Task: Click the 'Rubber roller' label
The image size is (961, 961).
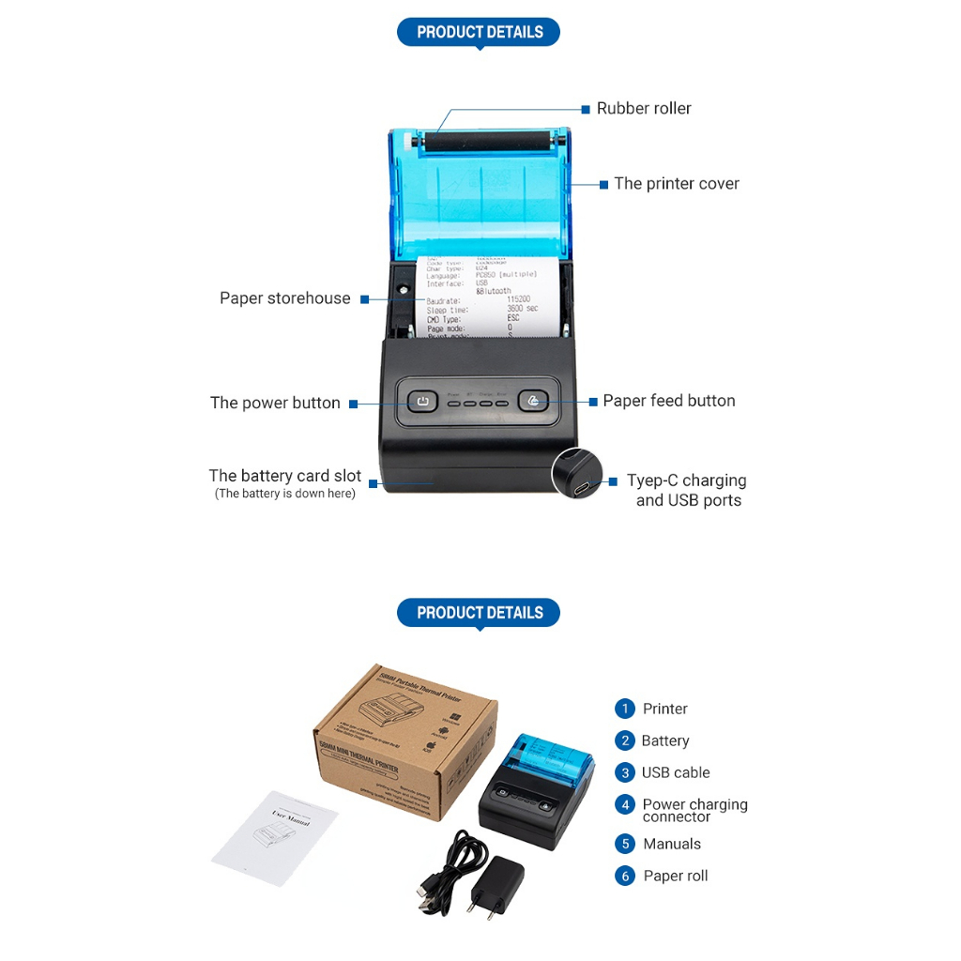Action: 644,108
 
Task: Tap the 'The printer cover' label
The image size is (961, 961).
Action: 677,184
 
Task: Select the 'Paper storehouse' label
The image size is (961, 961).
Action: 284,298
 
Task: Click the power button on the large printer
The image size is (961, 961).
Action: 422,403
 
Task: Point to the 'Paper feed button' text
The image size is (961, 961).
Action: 669,401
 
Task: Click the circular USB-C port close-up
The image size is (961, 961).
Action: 576,474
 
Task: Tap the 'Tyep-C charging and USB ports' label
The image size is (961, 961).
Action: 687,490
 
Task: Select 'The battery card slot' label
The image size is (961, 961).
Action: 284,477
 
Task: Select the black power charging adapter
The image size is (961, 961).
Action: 498,886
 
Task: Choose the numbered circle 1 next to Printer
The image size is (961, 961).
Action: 625,709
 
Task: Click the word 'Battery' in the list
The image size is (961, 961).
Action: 665,740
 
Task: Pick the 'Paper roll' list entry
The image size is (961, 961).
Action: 676,876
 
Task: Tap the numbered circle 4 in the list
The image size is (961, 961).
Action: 625,805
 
